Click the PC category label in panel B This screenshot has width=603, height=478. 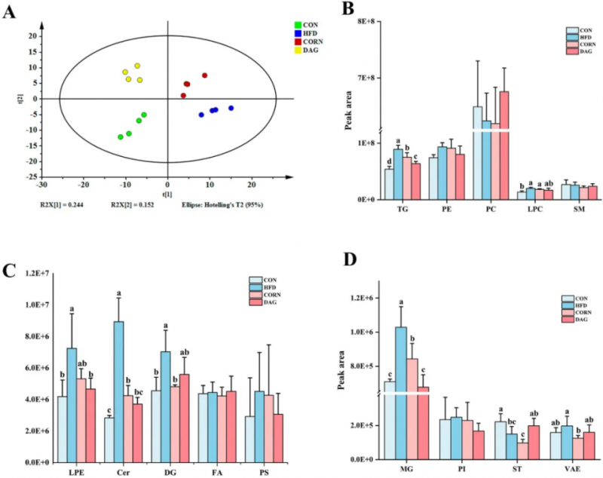pos(490,208)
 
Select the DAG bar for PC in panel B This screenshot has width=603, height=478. pos(504,145)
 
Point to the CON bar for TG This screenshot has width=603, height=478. pos(389,183)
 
